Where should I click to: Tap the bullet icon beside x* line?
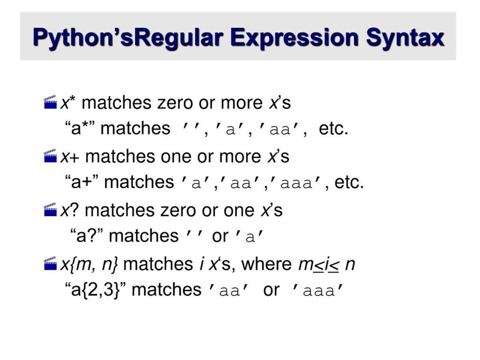tap(50, 102)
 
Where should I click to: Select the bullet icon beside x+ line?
tap(50, 156)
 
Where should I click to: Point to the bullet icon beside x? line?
tap(50, 210)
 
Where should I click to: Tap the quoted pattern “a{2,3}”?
tap(96, 290)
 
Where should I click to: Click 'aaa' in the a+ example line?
tap(296, 183)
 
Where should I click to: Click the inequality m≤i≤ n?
tap(326, 264)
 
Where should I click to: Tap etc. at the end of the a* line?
tap(333, 129)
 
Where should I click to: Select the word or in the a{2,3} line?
tap(271, 290)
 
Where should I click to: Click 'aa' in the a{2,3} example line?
tap(230, 290)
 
